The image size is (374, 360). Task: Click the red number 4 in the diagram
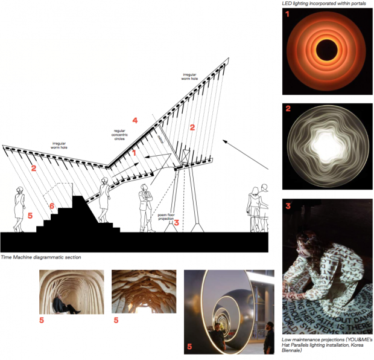pos(135,121)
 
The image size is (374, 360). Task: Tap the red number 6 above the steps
pos(52,206)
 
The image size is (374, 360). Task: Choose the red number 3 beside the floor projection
pos(176,222)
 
